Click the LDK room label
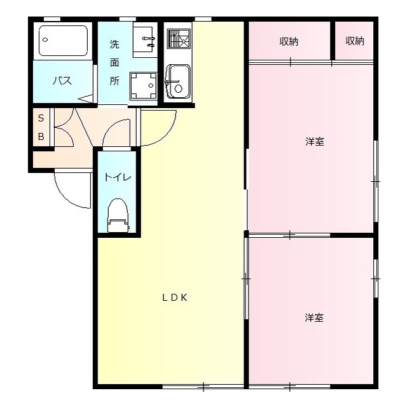[x=175, y=298]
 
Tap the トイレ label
[x=118, y=177]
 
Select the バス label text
[x=62, y=81]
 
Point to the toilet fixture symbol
[x=118, y=215]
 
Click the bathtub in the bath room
[x=63, y=41]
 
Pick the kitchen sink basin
[x=178, y=81]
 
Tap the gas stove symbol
[x=179, y=39]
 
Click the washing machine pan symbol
[x=144, y=86]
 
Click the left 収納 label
[x=289, y=41]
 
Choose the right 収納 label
[x=355, y=41]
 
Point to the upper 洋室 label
[x=315, y=142]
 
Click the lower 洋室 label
[x=314, y=318]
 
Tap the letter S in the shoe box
[x=41, y=118]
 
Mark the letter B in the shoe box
[x=41, y=137]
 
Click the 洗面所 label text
[x=114, y=63]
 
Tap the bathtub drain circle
[x=45, y=39]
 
